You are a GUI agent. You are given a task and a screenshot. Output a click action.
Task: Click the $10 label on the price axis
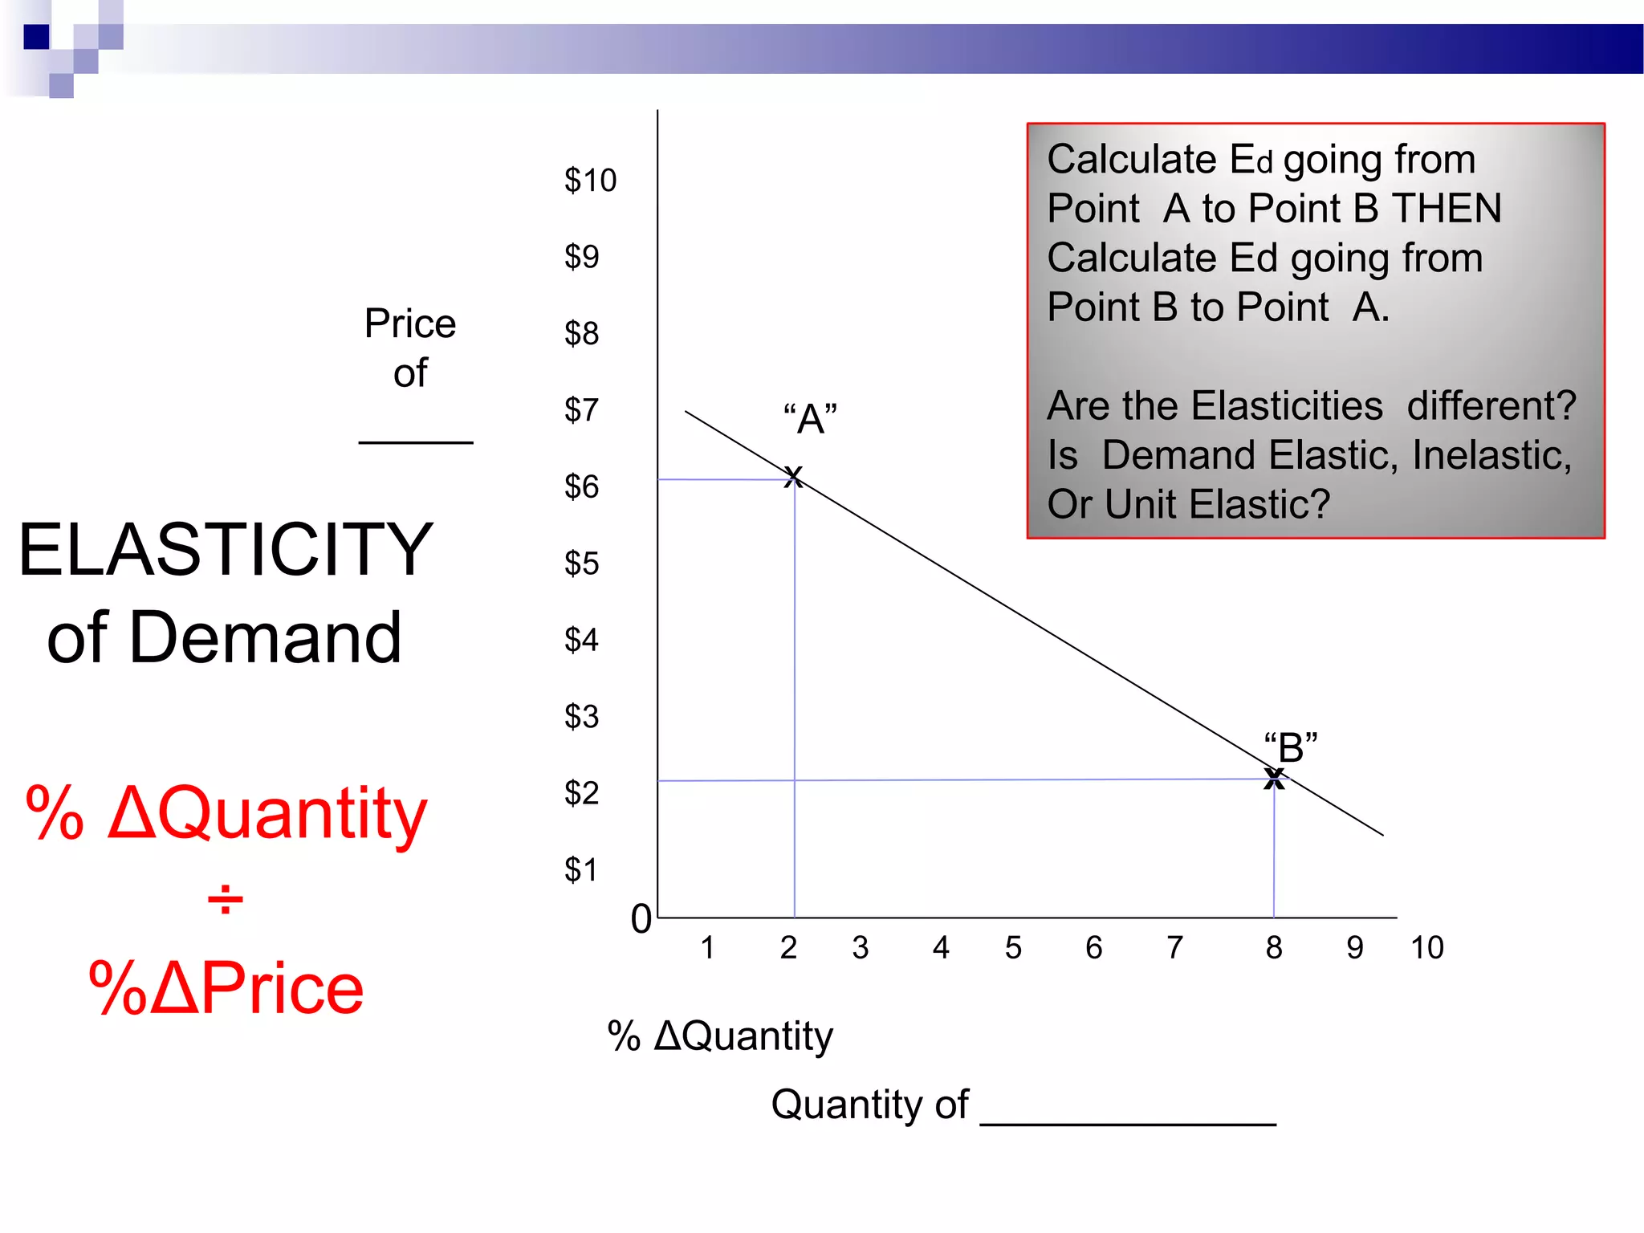[590, 181]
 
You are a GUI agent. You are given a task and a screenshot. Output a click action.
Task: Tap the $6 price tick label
[581, 487]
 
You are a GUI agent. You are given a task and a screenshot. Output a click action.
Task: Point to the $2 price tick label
[581, 794]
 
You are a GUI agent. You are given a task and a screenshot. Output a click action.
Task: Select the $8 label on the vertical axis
[581, 334]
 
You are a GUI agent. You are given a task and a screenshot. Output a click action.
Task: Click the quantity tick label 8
[1274, 948]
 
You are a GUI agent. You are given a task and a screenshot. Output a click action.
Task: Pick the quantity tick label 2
[788, 948]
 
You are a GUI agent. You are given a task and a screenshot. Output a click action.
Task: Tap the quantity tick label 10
[1426, 948]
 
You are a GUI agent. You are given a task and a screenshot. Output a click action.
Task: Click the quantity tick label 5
[1013, 948]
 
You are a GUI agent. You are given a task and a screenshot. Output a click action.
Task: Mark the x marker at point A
[793, 477]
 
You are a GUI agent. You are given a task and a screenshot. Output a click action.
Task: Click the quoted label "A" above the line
[810, 419]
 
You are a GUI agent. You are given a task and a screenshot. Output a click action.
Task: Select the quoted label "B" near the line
[1291, 747]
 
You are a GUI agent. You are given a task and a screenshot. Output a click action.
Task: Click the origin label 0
[641, 919]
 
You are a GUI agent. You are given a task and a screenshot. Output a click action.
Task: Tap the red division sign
[226, 900]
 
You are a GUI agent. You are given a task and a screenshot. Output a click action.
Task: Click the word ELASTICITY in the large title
[226, 550]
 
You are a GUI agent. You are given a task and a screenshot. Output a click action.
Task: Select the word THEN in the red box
[1447, 209]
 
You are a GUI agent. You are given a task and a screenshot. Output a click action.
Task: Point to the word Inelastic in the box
[1491, 455]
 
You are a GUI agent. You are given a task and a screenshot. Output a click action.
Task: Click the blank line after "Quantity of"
[1128, 1123]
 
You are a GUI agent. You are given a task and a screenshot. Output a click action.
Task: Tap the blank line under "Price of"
[416, 442]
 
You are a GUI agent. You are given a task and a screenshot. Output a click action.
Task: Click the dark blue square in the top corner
[37, 37]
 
